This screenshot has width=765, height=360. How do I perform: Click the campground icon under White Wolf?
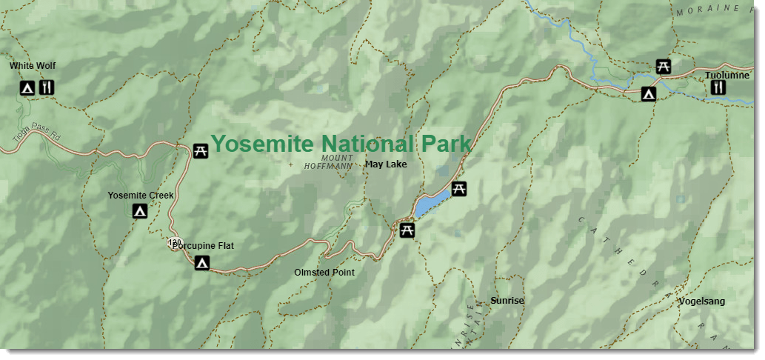coord(27,89)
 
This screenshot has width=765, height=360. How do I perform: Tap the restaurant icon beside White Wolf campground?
coord(47,89)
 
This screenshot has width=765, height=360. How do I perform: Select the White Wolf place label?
coord(33,66)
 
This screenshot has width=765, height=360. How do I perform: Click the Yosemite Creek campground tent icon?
coord(139,212)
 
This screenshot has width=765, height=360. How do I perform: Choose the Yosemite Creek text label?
coord(141,196)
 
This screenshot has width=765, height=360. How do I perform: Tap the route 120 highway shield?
coord(175,242)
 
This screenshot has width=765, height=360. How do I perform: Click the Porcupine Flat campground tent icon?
coord(201,263)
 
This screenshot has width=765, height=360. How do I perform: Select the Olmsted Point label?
coord(324,273)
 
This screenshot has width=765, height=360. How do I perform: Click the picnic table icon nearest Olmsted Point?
coord(407,231)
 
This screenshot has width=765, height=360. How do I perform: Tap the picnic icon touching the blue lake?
coord(458,188)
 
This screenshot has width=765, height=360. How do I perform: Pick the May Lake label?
coord(386,164)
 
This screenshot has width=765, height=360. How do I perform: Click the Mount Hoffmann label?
coord(329,162)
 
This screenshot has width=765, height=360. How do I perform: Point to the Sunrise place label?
coord(507,301)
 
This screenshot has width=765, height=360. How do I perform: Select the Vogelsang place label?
coord(701,301)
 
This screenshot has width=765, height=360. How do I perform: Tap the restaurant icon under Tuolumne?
coord(718,88)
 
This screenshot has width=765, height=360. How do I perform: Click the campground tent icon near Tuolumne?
coord(648,94)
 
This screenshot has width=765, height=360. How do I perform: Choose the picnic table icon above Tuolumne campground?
coord(664,67)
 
